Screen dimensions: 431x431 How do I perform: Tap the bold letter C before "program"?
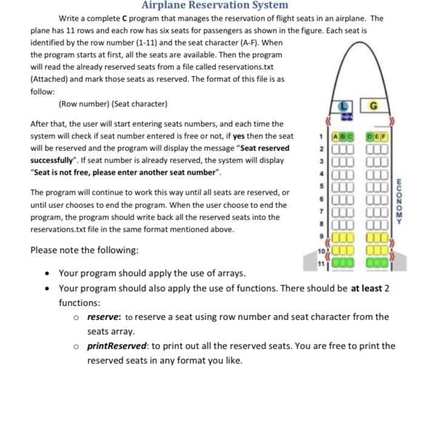[x=125, y=18]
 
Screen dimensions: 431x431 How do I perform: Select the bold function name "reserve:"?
[x=104, y=316]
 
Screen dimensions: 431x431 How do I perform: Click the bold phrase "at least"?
[x=366, y=288]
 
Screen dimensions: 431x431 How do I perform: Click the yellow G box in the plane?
[x=373, y=106]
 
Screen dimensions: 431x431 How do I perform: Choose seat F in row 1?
[x=383, y=137]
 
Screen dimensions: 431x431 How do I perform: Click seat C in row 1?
[x=350, y=137]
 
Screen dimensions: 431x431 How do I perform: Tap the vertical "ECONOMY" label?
[x=399, y=201]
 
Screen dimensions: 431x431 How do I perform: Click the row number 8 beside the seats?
[x=322, y=224]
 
